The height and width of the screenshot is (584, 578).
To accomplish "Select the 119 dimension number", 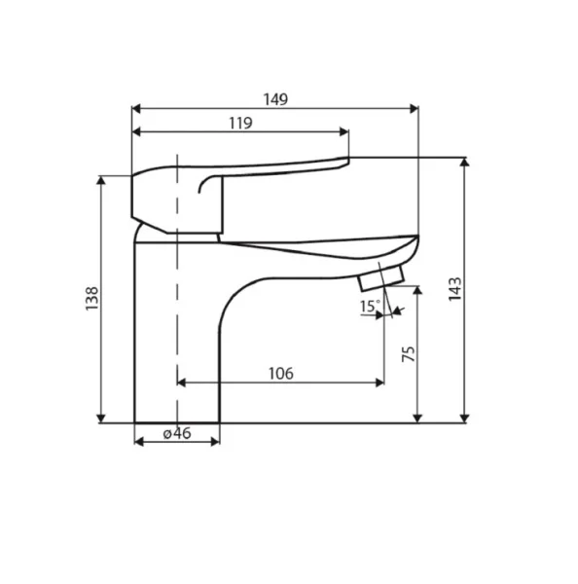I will (x=239, y=123).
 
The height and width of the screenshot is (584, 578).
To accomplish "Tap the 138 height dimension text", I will (x=91, y=301).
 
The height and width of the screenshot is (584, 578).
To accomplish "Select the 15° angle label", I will (x=369, y=307).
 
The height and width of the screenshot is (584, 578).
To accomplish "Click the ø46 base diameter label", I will (x=175, y=433).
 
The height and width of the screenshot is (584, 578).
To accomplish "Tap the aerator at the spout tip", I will (x=380, y=280).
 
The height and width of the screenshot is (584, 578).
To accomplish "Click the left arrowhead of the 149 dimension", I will (x=137, y=108).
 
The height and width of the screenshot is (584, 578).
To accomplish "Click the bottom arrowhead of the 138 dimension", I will (x=102, y=417).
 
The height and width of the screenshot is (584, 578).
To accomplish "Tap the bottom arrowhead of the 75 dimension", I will (x=418, y=417).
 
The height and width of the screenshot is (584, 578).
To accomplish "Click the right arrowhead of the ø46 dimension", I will (x=215, y=441).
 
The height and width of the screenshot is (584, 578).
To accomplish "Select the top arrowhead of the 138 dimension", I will (x=102, y=182).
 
